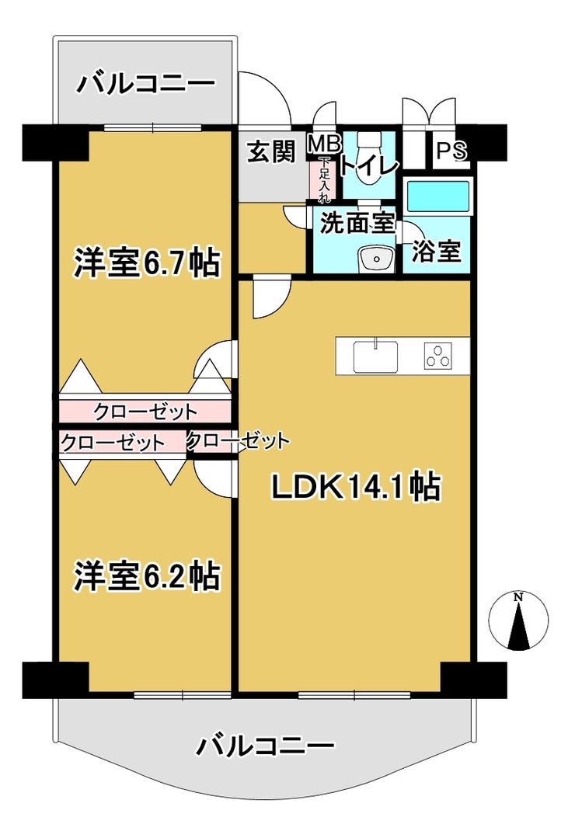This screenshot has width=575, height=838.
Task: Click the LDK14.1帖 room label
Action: point(356,487)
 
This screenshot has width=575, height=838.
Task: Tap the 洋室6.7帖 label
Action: point(147,263)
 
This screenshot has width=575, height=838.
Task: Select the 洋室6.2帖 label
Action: point(147,575)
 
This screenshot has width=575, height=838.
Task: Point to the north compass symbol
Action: point(518,621)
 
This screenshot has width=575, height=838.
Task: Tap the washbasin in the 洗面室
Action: point(375,259)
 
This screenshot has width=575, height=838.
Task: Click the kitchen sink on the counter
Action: point(375,356)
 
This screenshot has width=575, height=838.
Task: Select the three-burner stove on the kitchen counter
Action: point(438,356)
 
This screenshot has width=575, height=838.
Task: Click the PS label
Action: point(452,150)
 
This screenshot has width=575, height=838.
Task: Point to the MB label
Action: point(323,143)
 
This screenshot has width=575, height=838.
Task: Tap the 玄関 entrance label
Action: point(271,151)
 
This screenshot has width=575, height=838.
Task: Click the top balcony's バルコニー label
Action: point(145,83)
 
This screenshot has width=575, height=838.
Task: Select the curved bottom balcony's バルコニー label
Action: point(265,745)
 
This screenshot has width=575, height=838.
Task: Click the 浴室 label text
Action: point(437,251)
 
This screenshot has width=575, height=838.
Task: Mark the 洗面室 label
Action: point(357,223)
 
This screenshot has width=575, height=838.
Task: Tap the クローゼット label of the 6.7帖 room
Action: point(145,412)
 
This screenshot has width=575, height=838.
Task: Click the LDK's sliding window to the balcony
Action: point(354,695)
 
